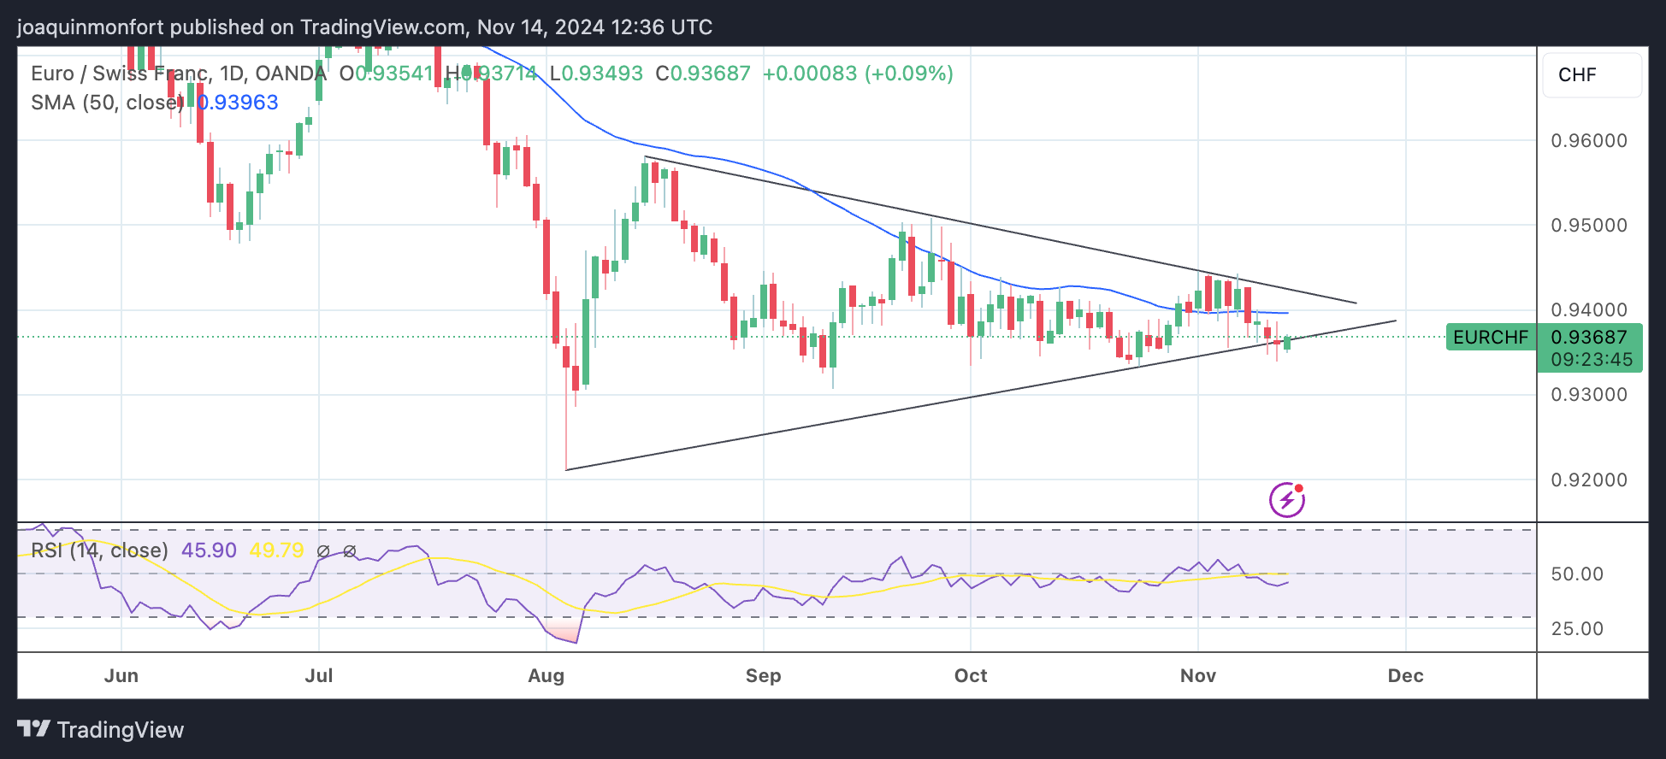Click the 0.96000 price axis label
point(1589,141)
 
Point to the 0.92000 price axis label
point(1589,480)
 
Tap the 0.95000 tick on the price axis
point(1589,226)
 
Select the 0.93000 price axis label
point(1589,395)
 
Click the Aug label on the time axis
point(546,676)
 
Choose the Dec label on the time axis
point(1405,676)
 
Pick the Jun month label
point(121,676)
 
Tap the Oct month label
point(971,676)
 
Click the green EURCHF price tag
point(1490,338)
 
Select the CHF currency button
point(1577,75)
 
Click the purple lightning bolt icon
point(1286,500)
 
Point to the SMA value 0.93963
point(238,103)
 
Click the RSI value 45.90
point(209,550)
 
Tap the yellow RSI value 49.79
point(276,550)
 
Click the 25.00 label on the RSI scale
point(1577,629)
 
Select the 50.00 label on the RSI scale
point(1577,574)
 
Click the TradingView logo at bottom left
point(101,730)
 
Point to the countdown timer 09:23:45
point(1592,360)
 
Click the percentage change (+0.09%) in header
point(909,74)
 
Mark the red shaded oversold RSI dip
point(563,633)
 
